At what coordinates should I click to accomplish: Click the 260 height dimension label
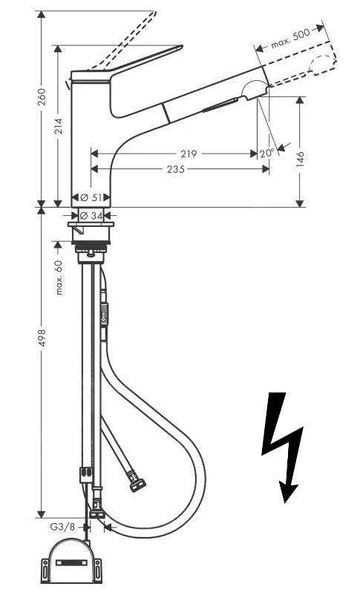click(42, 97)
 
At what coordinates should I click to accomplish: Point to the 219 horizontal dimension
click(189, 154)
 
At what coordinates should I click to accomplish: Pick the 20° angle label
click(266, 153)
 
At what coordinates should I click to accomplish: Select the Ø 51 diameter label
click(91, 198)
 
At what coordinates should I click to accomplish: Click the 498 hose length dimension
click(42, 338)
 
